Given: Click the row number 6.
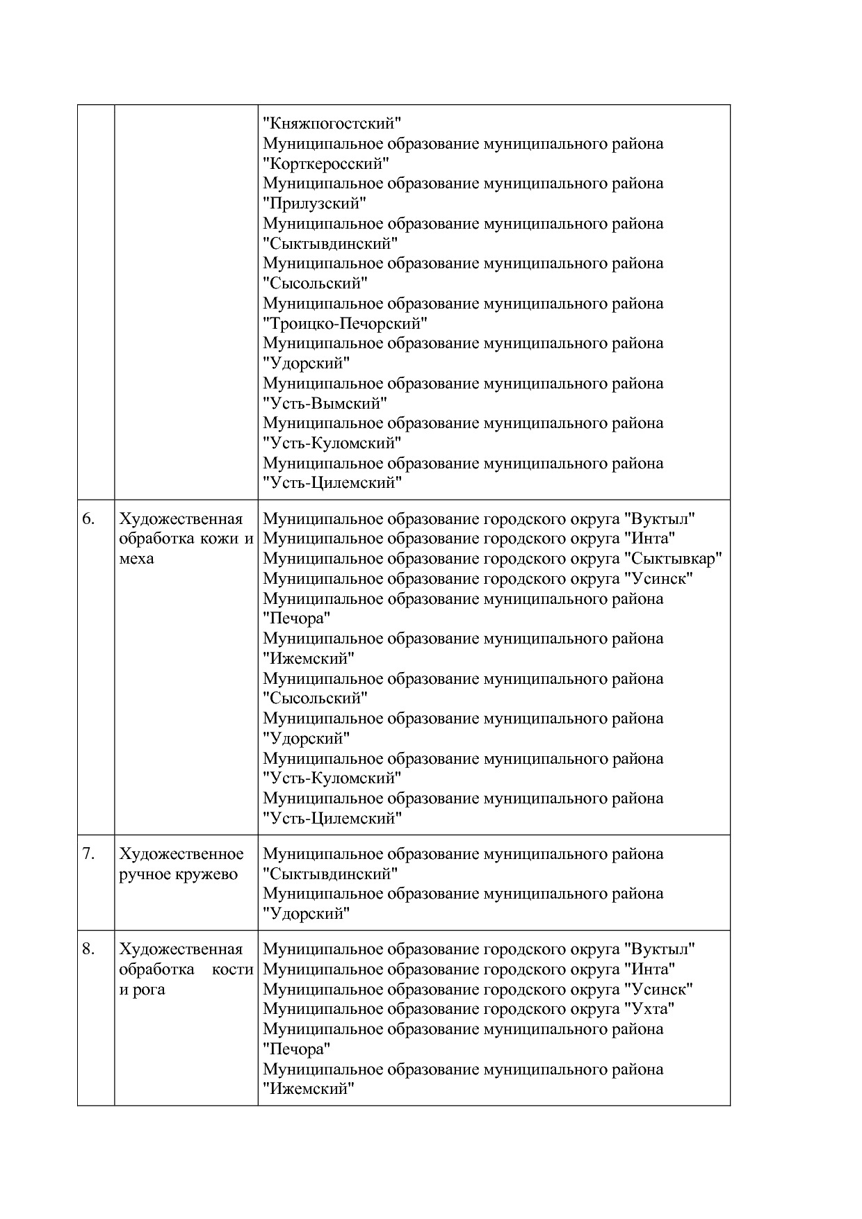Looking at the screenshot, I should coord(88,518).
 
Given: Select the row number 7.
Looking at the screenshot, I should coord(88,853).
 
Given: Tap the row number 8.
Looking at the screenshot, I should coord(88,949).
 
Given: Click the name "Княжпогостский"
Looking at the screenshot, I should coord(332,124).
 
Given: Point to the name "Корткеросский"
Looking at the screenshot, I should coord(325,164).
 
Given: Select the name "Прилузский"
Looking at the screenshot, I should coord(314,204).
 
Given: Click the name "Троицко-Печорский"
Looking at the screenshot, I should coord(345,324).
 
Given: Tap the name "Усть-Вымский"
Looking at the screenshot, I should coord(325,404).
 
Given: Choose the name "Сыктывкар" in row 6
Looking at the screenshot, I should coord(673,559).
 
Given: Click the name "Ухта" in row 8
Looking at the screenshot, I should coord(649,1009).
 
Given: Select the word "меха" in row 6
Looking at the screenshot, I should coord(136,559).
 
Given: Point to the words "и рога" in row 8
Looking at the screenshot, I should coord(142,990).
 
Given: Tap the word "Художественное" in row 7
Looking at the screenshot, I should coord(181,854).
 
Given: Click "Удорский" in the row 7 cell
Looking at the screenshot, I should coord(306,914).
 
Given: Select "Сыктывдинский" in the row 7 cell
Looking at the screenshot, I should coord(330,874).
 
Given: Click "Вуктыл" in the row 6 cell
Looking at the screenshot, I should coord(660,519).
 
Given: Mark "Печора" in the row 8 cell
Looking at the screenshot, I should coord(296,1049).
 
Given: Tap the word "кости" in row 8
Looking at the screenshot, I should coord(232,970).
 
